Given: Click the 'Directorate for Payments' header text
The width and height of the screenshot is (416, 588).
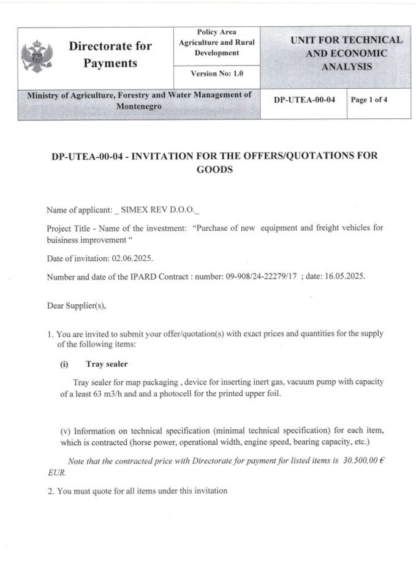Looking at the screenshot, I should [x=110, y=55].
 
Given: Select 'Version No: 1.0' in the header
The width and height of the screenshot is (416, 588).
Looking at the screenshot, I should [x=217, y=73].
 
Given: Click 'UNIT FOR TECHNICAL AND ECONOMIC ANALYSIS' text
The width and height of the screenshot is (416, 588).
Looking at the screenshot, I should [x=346, y=53].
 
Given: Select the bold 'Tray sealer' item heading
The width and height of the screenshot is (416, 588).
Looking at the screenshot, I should [x=107, y=364].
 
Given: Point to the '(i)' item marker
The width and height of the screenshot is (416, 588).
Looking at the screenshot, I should [x=64, y=364].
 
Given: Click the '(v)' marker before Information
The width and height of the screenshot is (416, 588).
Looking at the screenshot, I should [x=66, y=431].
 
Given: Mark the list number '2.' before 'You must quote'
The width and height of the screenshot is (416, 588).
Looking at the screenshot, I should [x=50, y=491].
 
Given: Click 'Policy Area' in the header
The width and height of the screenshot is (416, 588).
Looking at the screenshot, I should [x=216, y=32].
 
